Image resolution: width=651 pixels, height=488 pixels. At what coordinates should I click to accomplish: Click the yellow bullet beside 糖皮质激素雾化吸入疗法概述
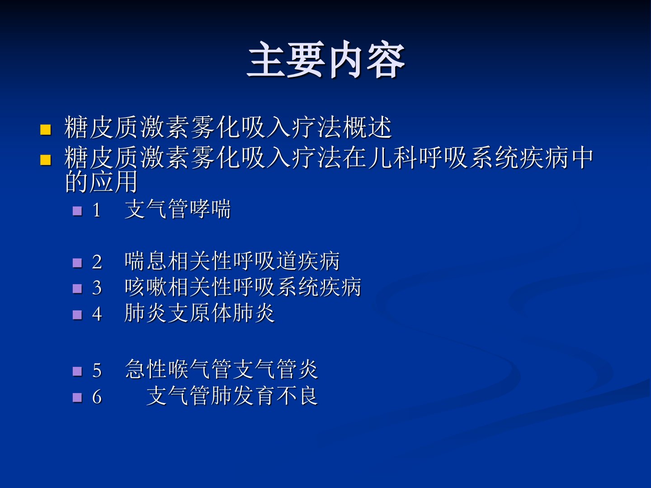coord(45,130)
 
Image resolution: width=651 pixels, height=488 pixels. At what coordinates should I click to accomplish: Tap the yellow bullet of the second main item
coord(45,160)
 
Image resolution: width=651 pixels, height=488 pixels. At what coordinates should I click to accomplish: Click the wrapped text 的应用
coord(101,181)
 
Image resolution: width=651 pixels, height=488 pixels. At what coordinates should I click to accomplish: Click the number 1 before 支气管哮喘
coord(96,210)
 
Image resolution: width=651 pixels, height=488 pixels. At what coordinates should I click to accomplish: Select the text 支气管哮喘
coord(178,209)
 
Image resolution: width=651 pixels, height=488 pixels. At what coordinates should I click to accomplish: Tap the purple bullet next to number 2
coord(77,263)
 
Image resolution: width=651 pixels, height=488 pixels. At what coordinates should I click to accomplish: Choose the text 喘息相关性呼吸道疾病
coord(232,261)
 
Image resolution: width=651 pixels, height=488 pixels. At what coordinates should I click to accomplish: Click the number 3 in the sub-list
coord(97,288)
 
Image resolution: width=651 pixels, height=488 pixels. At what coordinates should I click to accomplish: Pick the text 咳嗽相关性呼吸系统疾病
coord(243,287)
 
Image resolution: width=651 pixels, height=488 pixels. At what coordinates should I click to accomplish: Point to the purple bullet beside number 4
coord(77,314)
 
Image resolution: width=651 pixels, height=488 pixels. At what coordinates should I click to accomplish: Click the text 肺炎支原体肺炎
coord(200,313)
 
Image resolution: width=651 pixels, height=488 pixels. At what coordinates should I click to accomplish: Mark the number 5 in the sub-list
coord(97,371)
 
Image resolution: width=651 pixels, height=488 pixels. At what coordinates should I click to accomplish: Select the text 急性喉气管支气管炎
coord(221,369)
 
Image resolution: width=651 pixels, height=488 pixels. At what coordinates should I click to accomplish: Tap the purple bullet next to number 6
coord(77,398)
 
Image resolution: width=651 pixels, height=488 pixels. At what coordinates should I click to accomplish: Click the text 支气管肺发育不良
coord(232,395)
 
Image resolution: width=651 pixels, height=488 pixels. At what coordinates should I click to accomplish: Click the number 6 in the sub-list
coord(97,397)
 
